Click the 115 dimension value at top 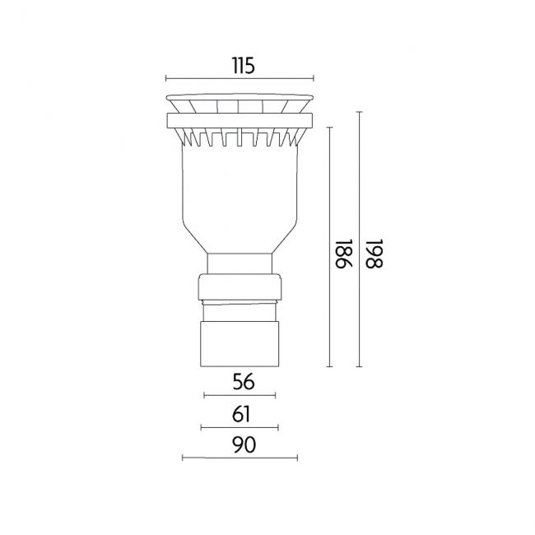[x=240, y=66]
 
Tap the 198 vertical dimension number [x=374, y=254]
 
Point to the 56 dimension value [x=240, y=382]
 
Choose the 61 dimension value [x=240, y=414]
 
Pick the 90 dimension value [x=240, y=444]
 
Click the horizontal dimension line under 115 [x=240, y=79]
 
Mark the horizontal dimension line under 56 [x=240, y=396]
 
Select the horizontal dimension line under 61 [x=240, y=427]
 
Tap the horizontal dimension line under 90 [x=240, y=458]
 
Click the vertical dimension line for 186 [x=329, y=247]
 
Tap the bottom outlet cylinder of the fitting [x=240, y=344]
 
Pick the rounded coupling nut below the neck [x=240, y=288]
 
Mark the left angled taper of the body [x=195, y=239]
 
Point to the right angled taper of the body [x=284, y=239]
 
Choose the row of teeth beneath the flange [x=240, y=137]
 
